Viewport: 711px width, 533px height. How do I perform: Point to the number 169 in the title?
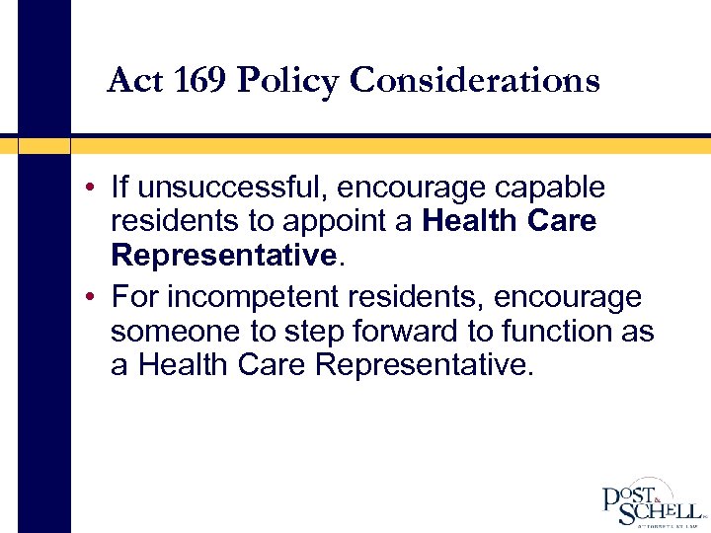coord(197,80)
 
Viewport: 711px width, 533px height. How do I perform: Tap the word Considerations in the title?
coord(475,80)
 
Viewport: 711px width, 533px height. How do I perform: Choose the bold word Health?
coord(472,221)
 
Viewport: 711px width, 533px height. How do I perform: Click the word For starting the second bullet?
coord(132,296)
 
